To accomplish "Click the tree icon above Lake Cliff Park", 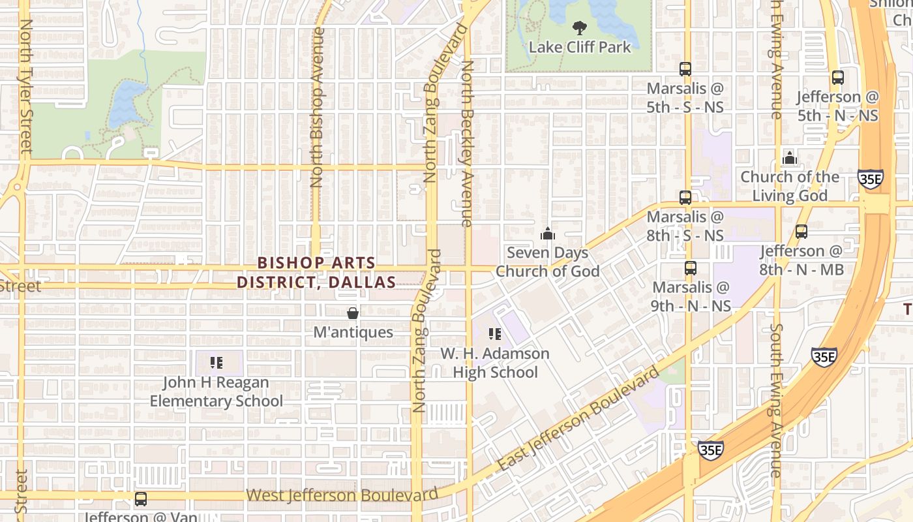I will click(578, 28).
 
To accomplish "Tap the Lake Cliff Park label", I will click(580, 48).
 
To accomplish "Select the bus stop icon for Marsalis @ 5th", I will click(685, 69).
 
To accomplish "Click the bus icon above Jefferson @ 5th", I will click(838, 78).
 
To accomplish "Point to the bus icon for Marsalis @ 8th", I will click(685, 198).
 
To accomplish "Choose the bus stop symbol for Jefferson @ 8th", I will click(801, 232).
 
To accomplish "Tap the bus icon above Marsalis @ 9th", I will click(691, 268).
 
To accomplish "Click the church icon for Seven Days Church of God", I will click(548, 234).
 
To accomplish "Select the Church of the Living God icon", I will click(790, 158).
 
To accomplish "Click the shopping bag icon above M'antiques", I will click(353, 314).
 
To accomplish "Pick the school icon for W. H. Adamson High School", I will click(495, 335).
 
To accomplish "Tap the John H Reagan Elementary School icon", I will click(217, 363).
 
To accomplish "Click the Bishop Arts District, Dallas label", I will click(316, 273).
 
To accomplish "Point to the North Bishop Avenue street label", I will click(318, 108).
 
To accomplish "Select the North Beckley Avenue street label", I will click(467, 144).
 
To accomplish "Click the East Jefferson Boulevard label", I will click(579, 420).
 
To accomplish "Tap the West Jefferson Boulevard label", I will click(342, 495).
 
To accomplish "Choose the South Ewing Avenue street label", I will click(775, 399).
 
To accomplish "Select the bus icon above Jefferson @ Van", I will click(140, 500).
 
